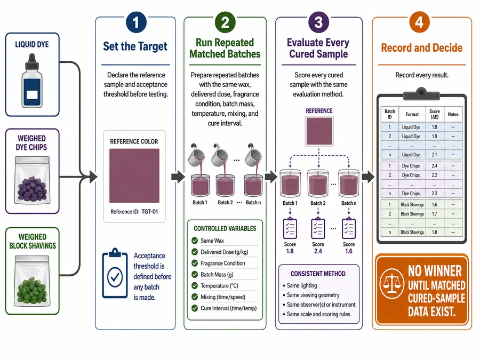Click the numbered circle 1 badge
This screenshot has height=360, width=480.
[x=136, y=22]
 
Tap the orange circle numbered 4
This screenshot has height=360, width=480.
[x=419, y=22]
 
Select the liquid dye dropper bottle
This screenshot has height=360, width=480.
[x=31, y=81]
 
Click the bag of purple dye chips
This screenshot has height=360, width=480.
[x=32, y=180]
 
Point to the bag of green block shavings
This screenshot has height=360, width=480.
[x=32, y=280]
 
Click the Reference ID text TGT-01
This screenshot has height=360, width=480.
[x=150, y=212]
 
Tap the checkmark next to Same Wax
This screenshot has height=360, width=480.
[x=194, y=241]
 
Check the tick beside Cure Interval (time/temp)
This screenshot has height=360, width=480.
[x=194, y=308]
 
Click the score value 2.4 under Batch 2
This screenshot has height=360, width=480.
[x=318, y=251]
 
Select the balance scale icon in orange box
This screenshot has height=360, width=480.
[x=391, y=282]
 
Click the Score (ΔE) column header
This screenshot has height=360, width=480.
[x=434, y=114]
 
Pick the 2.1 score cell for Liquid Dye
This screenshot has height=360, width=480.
[x=434, y=155]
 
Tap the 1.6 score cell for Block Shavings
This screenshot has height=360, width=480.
[x=434, y=204]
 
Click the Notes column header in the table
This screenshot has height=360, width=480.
[x=453, y=115]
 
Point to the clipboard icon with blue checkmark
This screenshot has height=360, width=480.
[x=115, y=273]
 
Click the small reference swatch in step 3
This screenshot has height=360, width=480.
[x=319, y=131]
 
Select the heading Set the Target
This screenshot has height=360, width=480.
[x=135, y=46]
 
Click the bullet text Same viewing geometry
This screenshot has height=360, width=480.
[x=313, y=295]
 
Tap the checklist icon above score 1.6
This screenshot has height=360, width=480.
[x=349, y=228]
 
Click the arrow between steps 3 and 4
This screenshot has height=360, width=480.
[x=368, y=177]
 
